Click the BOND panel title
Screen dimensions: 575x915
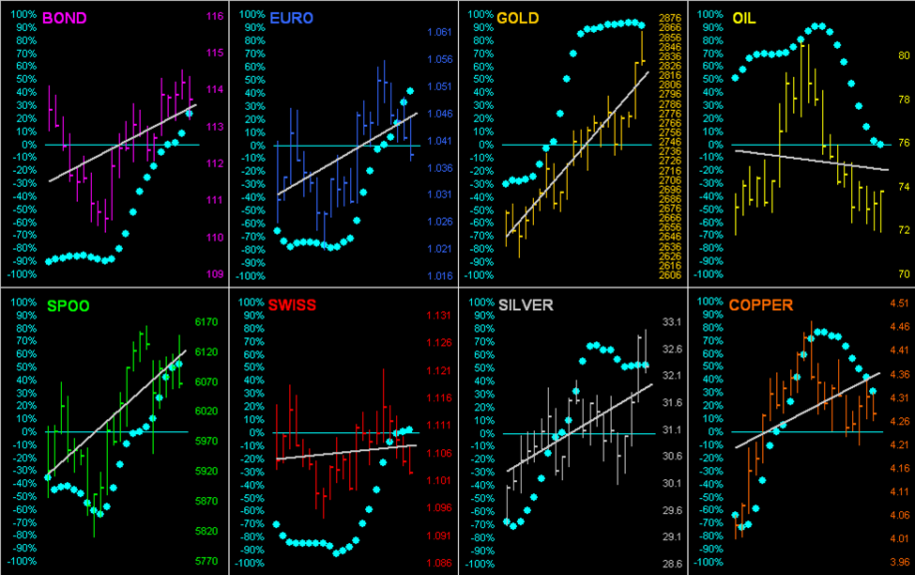click(x=61, y=17)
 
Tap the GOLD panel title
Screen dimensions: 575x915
click(x=518, y=17)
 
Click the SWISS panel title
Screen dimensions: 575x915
click(x=291, y=305)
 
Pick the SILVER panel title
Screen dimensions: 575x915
click(x=526, y=305)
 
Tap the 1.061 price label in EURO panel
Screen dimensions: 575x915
click(x=439, y=33)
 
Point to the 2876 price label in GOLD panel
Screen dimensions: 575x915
click(x=670, y=19)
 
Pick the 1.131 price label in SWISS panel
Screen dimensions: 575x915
click(x=439, y=316)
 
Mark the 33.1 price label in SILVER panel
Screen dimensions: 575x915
click(x=671, y=321)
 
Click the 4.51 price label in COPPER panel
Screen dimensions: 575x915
click(x=899, y=303)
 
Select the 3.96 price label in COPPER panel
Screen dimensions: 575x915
click(x=899, y=562)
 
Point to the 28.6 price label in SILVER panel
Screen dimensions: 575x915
click(x=671, y=564)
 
